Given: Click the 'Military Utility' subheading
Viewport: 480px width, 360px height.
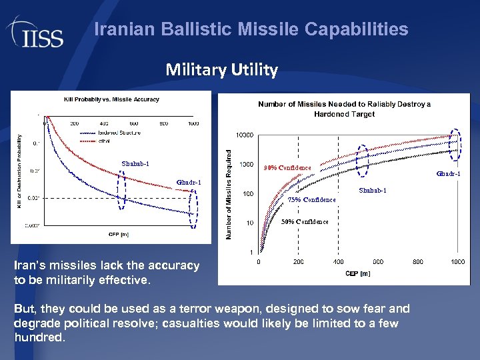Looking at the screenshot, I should tap(221, 69).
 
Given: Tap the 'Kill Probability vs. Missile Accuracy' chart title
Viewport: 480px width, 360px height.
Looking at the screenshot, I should tap(111, 99).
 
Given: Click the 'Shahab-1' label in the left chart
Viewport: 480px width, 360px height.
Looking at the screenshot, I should tap(135, 164).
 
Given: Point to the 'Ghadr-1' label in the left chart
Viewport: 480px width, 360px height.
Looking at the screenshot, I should tap(189, 183).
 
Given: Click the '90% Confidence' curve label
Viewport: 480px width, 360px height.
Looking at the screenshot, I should tap(287, 167).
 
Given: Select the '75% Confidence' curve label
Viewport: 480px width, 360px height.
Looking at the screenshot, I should tap(311, 199).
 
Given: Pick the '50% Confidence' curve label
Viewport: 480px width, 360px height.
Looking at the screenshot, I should tap(305, 221).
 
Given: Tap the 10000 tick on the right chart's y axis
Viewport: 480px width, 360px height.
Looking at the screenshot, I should tap(245, 135).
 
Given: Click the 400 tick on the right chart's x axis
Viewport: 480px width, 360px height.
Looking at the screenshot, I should tap(338, 262).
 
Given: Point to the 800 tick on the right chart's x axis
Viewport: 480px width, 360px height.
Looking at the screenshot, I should tap(417, 262).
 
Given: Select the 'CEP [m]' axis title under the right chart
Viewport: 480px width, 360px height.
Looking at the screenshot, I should tap(357, 273).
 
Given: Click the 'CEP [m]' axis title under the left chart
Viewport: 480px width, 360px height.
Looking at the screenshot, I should tap(119, 234).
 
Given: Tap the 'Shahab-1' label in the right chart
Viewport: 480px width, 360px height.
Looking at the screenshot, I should tap(372, 191).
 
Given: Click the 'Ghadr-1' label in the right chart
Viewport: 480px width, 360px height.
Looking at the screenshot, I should tap(448, 174).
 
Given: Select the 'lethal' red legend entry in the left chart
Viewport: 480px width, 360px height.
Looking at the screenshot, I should tap(106, 140).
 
